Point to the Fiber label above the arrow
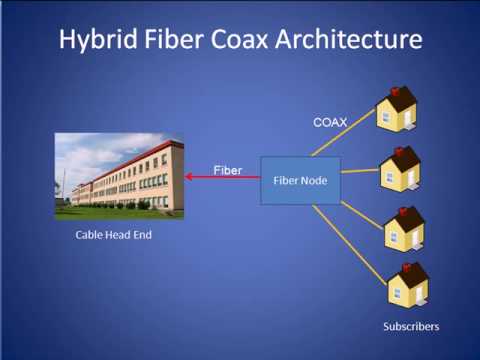click(x=227, y=170)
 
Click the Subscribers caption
click(x=411, y=326)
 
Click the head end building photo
click(x=119, y=176)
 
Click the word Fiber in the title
click(x=183, y=41)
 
